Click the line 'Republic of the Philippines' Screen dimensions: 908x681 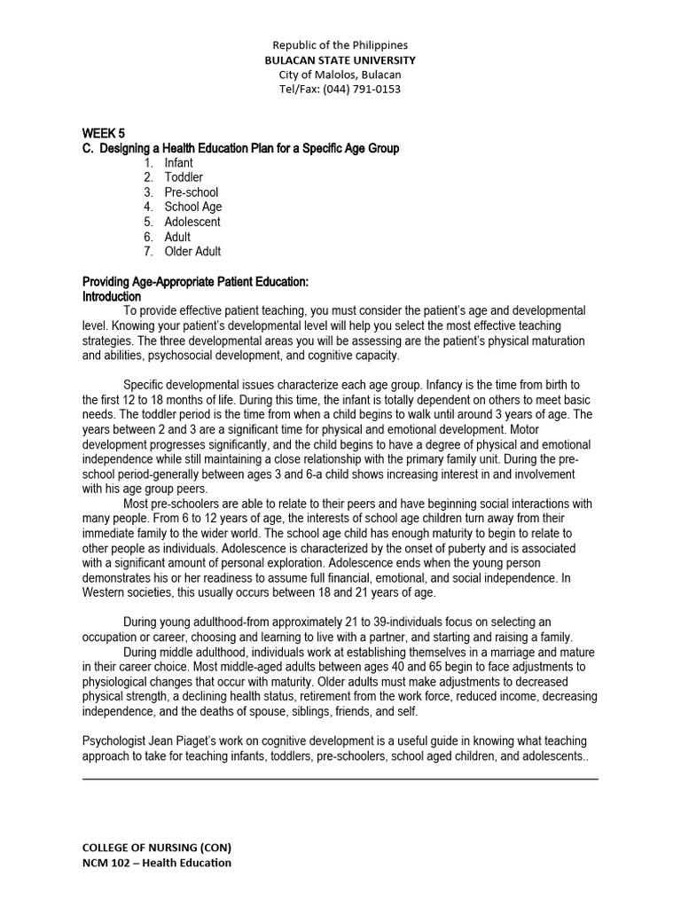[340, 44]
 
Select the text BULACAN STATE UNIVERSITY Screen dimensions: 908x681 [340, 59]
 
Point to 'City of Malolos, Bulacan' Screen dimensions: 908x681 [340, 74]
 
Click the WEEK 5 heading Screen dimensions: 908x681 [104, 133]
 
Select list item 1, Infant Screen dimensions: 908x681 [178, 163]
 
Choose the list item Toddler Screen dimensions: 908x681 [184, 177]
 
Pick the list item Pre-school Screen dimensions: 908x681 [191, 192]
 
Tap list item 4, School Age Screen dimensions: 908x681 [193, 207]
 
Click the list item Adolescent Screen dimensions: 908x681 [192, 222]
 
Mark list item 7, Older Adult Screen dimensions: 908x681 [192, 252]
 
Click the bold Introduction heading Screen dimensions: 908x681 [112, 296]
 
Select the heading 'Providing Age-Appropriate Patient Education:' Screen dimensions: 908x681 [195, 282]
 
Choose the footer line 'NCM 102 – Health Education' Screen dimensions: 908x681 [157, 863]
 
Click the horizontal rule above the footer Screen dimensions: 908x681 [340, 779]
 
